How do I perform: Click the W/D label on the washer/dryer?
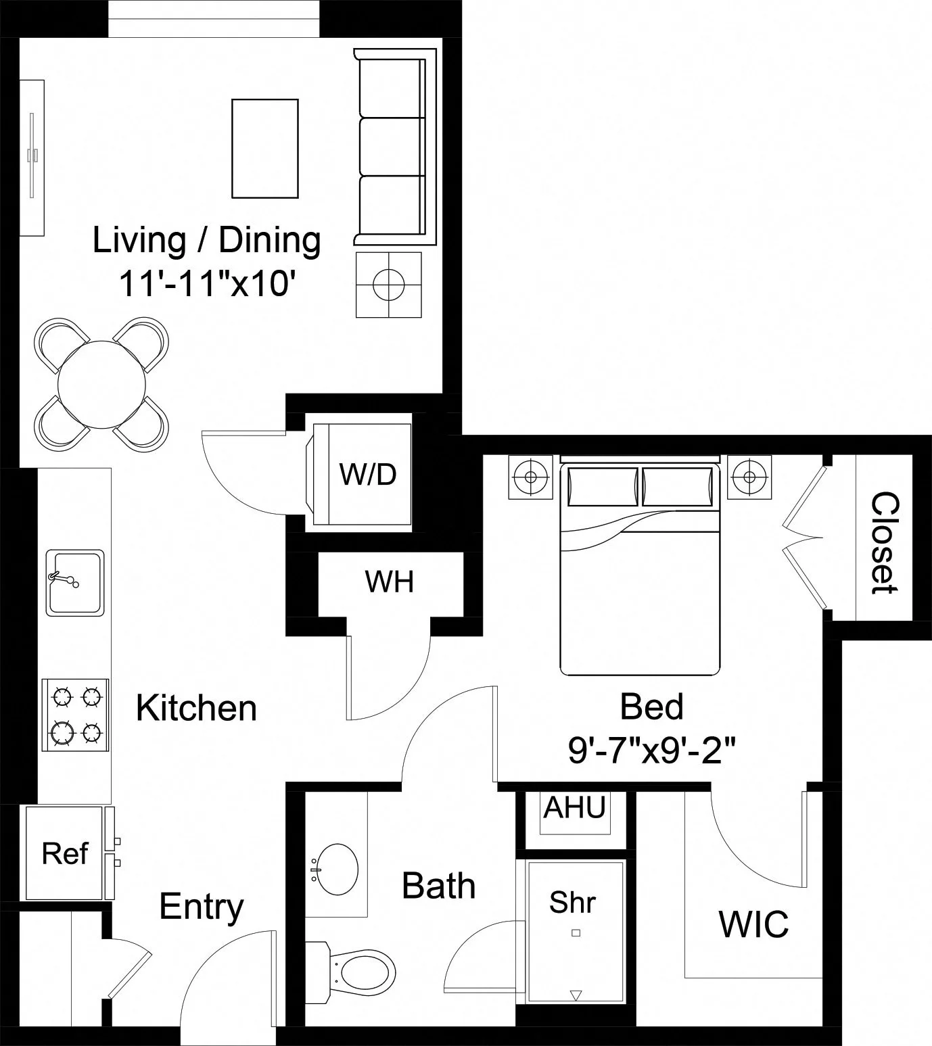tap(367, 475)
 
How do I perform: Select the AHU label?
tap(574, 807)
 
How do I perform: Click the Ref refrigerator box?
tap(64, 853)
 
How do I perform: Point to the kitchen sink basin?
tap(74, 583)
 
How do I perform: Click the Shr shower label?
tap(572, 902)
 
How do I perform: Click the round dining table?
tap(101, 385)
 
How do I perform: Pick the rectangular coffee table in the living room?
tap(264, 148)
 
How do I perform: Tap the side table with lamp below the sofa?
tap(388, 285)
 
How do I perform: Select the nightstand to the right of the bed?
tap(749, 477)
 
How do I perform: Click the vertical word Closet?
tap(885, 542)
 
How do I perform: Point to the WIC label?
tap(753, 924)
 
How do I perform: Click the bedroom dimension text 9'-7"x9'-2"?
tap(651, 751)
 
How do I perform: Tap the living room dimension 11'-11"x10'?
tap(207, 284)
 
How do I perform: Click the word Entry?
tap(201, 907)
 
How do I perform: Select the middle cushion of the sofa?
tap(392, 147)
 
